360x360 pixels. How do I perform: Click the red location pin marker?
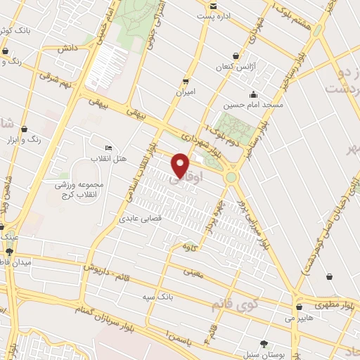tap(181, 165)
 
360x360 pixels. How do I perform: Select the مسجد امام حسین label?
tap(253, 105)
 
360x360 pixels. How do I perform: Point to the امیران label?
tap(185, 92)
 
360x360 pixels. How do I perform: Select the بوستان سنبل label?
tap(264, 354)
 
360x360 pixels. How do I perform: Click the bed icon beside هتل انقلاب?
tap(108, 148)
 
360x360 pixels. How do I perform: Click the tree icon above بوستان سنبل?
tap(264, 344)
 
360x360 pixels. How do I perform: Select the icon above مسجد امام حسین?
tap(253, 95)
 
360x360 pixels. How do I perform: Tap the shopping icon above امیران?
tap(186, 82)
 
